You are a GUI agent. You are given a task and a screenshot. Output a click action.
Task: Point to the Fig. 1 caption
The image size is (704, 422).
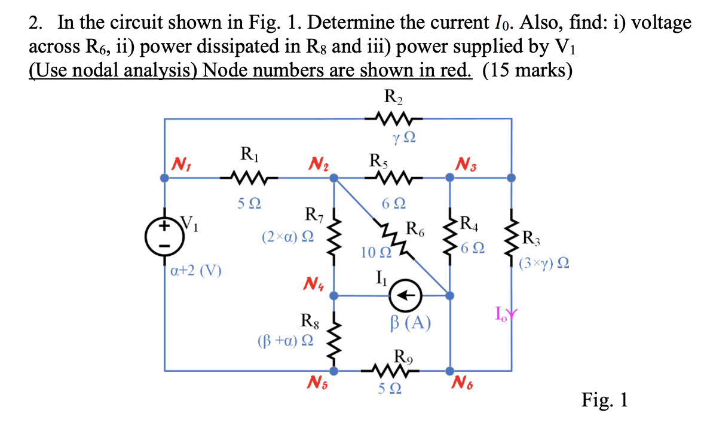[604, 399]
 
